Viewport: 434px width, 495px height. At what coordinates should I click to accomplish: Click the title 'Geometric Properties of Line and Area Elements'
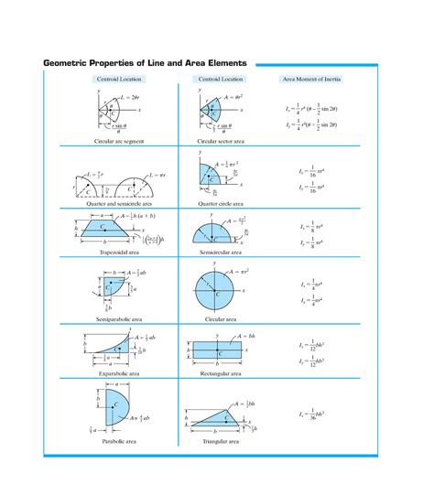coord(145,63)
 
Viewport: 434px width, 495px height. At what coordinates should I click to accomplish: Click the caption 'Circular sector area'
coord(220,142)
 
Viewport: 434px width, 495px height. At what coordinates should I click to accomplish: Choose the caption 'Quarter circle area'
coord(220,203)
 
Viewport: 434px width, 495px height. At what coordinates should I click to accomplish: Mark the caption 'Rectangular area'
coord(220,374)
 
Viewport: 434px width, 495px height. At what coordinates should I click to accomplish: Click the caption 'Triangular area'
coord(220,441)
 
